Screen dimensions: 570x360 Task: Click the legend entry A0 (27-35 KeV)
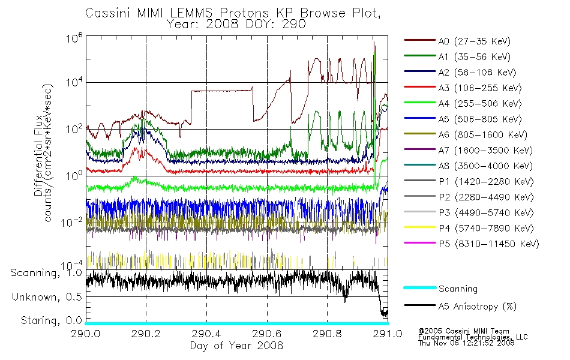(474, 41)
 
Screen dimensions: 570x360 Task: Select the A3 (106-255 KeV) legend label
(479, 88)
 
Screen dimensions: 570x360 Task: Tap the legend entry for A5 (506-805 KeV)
(479, 119)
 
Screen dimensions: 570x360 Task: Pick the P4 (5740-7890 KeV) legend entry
(486, 229)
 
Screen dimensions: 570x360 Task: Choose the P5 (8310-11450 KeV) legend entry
(488, 244)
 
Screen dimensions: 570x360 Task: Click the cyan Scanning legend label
(458, 289)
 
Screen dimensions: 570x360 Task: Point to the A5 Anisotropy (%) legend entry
(478, 307)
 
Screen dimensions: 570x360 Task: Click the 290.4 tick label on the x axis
(206, 334)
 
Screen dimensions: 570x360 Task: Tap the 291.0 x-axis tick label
(388, 334)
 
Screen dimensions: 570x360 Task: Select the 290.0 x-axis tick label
(85, 334)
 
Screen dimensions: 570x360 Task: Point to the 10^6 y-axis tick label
(74, 38)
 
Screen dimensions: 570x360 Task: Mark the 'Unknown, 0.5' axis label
(47, 297)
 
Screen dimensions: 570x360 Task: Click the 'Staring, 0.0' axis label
(51, 320)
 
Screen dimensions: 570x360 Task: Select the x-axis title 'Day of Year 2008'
(236, 346)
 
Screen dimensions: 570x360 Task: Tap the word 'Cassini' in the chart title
(109, 13)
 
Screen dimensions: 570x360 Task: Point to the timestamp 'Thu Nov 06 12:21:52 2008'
(466, 343)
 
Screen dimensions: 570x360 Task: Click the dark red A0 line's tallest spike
(374, 43)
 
